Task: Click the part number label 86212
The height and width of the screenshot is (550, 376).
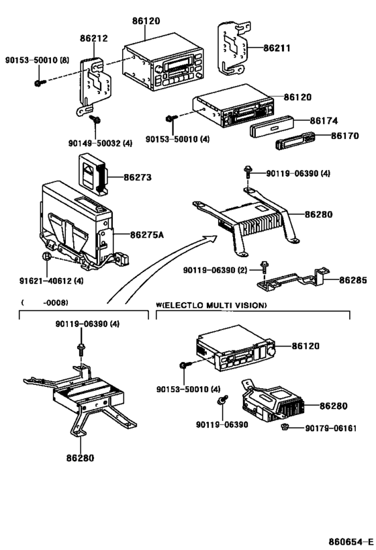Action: pyautogui.click(x=94, y=40)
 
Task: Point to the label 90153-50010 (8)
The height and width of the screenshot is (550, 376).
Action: pyautogui.click(x=40, y=60)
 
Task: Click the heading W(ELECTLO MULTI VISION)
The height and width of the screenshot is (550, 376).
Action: pyautogui.click(x=211, y=306)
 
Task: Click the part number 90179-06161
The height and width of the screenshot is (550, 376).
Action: pyautogui.click(x=333, y=428)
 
